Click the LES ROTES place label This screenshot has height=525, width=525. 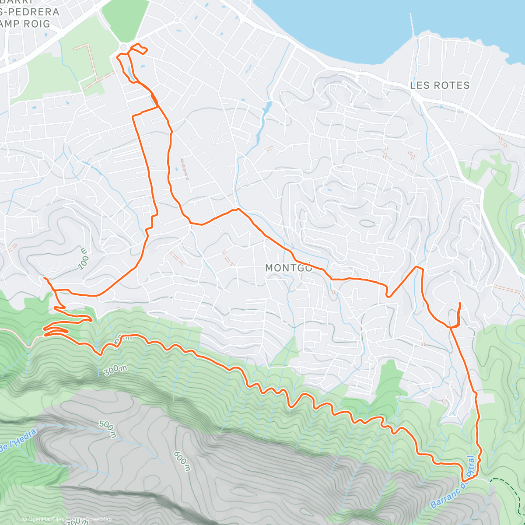coord(440,85)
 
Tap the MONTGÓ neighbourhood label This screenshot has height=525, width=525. coord(289,268)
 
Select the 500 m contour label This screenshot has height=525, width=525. coord(107,429)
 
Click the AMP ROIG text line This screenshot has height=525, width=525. coord(25,24)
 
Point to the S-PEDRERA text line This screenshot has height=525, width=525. coord(30,12)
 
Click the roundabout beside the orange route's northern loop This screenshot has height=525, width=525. coord(124,47)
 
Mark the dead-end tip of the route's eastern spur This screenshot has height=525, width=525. coord(459,303)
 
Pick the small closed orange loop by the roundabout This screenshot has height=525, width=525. coord(140,49)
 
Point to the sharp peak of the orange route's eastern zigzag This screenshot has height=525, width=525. coord(416,266)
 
